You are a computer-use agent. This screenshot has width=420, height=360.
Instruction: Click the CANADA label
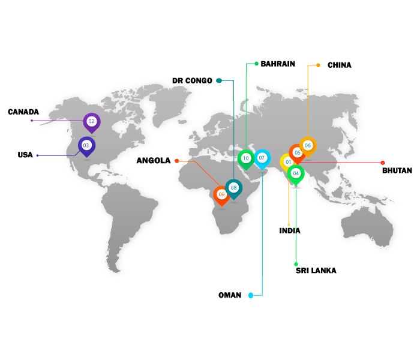coord(23,112)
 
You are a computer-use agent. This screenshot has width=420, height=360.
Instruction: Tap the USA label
coord(25,155)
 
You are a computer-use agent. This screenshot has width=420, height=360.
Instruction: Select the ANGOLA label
coord(153,161)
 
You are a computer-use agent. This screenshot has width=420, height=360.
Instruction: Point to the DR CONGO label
coord(192,80)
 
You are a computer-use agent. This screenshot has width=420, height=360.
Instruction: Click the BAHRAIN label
coord(278,64)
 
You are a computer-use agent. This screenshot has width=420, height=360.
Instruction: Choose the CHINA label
coord(340,65)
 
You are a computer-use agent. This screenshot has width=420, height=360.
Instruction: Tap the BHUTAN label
coord(397,170)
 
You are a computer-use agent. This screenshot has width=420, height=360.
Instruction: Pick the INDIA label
coord(290,230)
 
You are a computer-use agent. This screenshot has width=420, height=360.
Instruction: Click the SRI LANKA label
coord(316,271)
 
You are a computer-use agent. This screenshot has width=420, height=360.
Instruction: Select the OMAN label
coord(230,295)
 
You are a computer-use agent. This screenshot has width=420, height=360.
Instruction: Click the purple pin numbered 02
coord(91,122)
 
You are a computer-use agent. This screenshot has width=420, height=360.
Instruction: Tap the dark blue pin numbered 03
coord(86,145)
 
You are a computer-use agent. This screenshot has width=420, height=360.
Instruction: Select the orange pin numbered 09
coord(221,194)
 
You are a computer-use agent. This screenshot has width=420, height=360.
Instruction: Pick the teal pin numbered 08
coord(233,188)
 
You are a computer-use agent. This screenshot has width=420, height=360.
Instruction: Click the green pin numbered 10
coord(245,158)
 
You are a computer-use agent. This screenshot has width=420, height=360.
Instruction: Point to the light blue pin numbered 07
coord(262,158)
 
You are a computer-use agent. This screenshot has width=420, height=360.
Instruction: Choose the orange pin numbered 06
coord(307,145)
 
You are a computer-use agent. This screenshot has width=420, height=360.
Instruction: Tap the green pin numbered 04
coord(295,173)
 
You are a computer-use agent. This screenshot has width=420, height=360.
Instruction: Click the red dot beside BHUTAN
coord(382,163)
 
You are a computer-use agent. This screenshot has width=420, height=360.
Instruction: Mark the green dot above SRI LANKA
coord(296,264)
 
